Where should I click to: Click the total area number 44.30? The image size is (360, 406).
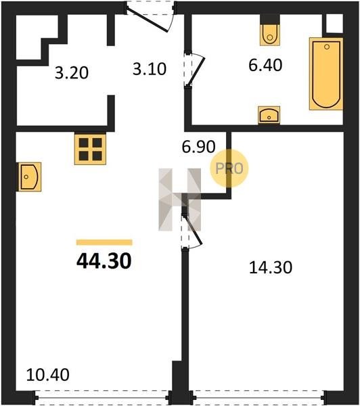point(104,261)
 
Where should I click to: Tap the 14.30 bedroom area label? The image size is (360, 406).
point(271,267)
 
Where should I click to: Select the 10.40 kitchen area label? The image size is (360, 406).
point(48,375)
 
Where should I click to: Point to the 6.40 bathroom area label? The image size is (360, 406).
point(265,65)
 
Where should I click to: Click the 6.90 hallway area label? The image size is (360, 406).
point(198,147)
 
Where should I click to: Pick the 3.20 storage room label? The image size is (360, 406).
point(72,73)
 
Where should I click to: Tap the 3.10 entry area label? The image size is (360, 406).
point(150,69)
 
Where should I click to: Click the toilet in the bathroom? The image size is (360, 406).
point(270,35)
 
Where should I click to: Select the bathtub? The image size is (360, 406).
point(326,74)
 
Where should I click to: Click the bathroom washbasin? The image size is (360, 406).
point(269,115)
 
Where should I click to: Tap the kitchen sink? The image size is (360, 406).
point(30,177)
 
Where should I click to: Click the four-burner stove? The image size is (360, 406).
point(91,149)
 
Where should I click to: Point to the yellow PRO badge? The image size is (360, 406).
point(229,168)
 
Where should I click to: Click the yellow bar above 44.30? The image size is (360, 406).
point(104,242)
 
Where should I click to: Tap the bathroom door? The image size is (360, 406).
point(194,70)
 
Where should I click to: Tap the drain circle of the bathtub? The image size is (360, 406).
point(327,47)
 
